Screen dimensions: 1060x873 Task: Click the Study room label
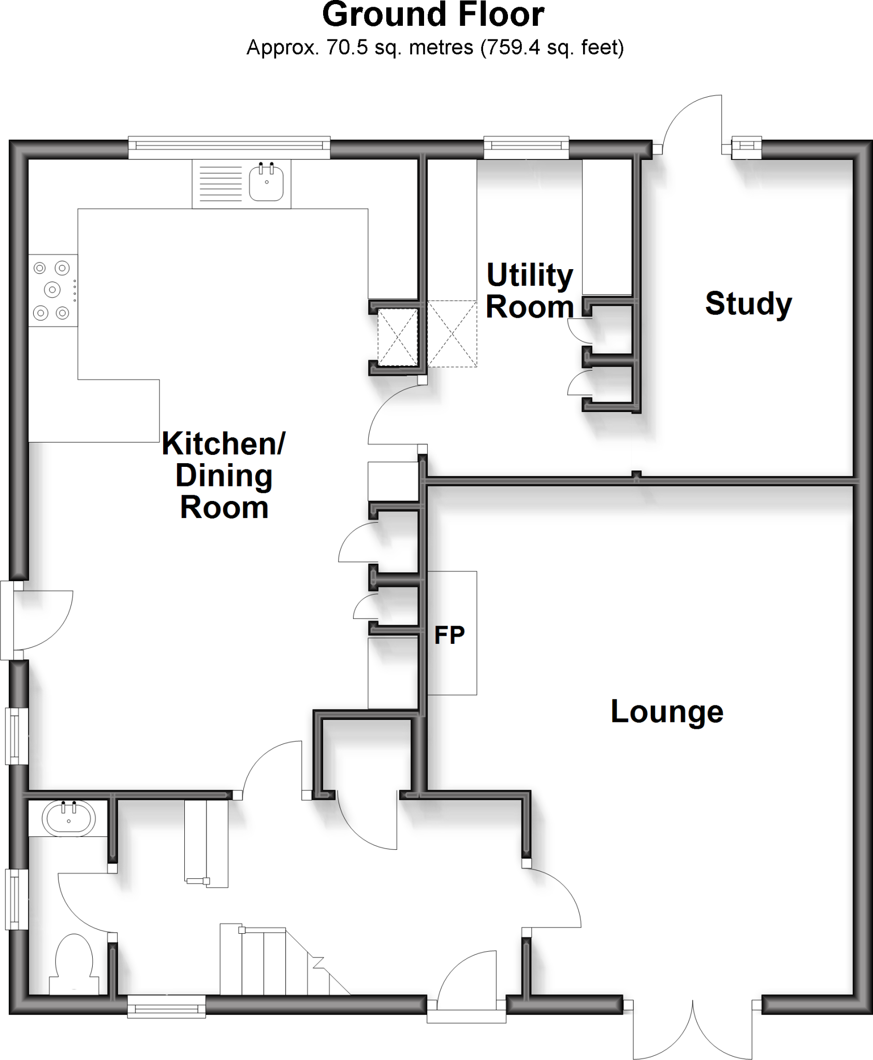(748, 304)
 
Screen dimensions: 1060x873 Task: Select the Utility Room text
(530, 291)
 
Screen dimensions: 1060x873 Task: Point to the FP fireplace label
(449, 636)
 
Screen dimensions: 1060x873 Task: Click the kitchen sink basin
(266, 182)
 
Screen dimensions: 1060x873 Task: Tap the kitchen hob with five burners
(52, 290)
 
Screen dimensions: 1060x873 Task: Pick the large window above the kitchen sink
(229, 148)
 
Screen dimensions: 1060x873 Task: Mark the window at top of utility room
(526, 148)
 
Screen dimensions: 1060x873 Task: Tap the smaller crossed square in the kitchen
(397, 337)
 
